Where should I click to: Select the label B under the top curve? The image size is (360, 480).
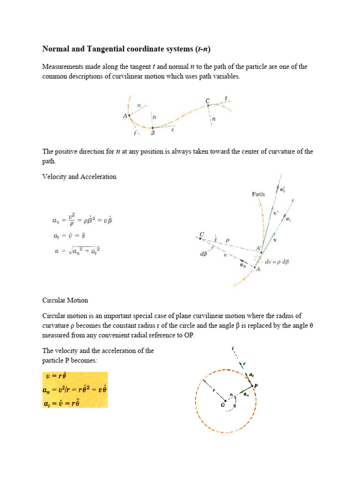coord(152,133)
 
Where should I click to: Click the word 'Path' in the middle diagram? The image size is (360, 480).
coord(258,194)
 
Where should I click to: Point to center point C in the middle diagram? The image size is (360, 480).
coord(201,239)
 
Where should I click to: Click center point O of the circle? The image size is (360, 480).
coord(225,401)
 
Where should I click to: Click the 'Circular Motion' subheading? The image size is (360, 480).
coord(65,300)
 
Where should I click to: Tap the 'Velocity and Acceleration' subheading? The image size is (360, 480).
coord(79,177)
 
